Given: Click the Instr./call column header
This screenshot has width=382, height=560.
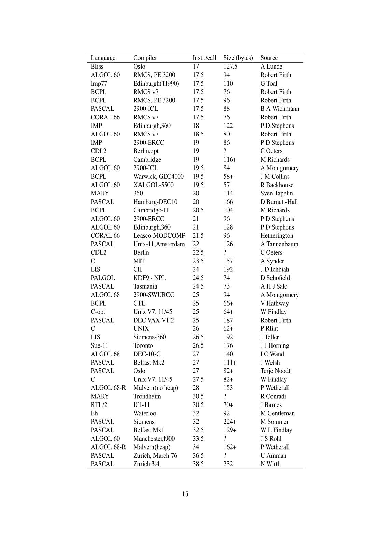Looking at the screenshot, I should tap(204, 58).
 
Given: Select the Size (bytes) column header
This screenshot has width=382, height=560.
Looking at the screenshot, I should tap(238, 58).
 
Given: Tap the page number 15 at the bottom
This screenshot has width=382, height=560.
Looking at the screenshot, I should tap(185, 494).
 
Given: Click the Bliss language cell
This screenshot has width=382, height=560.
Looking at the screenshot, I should tap(97, 67).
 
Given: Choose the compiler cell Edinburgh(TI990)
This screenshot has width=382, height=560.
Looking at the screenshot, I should tap(156, 84).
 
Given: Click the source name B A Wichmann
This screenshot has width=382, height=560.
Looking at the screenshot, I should tap(280, 109).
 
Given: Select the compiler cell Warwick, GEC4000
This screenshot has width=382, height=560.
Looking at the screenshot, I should tap(158, 176).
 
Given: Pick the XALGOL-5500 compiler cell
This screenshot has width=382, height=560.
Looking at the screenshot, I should tap(153, 185).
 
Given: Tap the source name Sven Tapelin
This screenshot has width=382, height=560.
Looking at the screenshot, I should tap(277, 193).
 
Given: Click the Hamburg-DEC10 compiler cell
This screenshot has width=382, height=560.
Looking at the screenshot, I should tap(155, 202).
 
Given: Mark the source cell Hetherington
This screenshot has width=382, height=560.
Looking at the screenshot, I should tap(277, 236).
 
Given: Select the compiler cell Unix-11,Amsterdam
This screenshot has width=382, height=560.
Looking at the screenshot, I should tap(159, 244).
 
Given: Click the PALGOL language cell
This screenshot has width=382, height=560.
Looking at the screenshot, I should tap(103, 278).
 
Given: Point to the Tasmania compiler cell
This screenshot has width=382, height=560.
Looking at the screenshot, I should tap(145, 286).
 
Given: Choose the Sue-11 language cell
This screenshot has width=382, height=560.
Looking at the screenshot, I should tap(99, 345).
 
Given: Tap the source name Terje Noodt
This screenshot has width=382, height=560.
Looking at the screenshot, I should tap(275, 371).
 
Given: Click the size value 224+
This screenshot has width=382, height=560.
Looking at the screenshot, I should tap(230, 422).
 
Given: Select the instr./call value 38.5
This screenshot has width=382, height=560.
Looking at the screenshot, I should tap(198, 464).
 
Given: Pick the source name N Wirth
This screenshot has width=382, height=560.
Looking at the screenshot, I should tap(270, 464).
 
